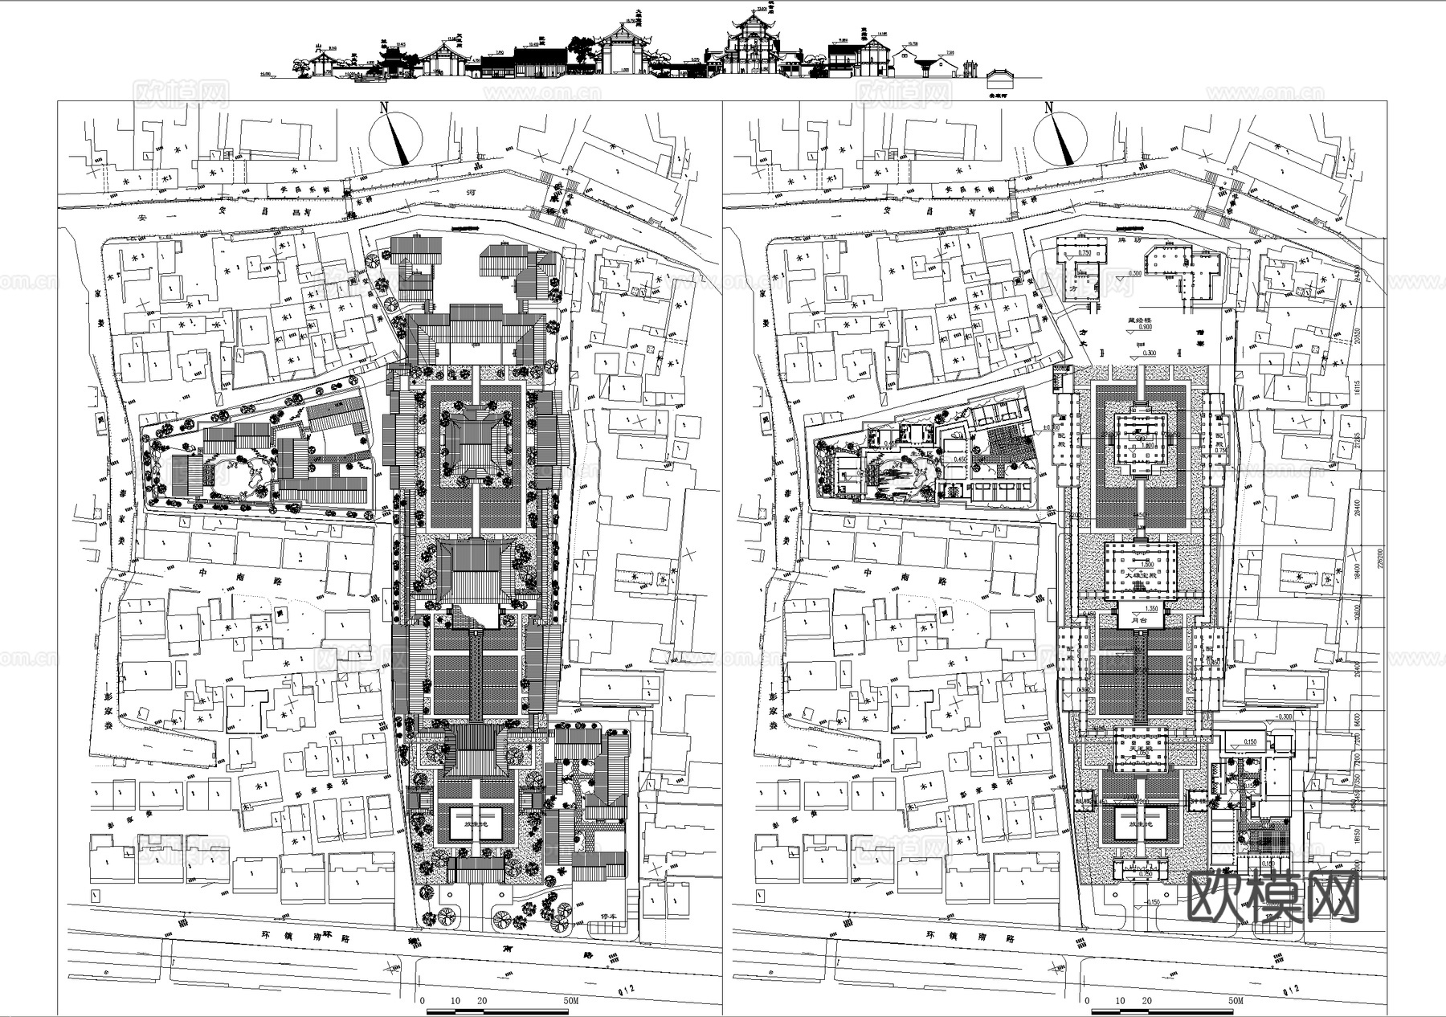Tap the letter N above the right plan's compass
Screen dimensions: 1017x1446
coord(1048,108)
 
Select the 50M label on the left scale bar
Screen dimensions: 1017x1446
coord(571,1002)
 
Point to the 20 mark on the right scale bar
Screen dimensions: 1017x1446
coord(1146,1002)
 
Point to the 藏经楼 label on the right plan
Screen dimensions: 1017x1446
coord(1139,319)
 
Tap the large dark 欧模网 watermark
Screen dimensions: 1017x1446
coord(1272,897)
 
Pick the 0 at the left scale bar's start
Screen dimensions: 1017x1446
coord(423,1002)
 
